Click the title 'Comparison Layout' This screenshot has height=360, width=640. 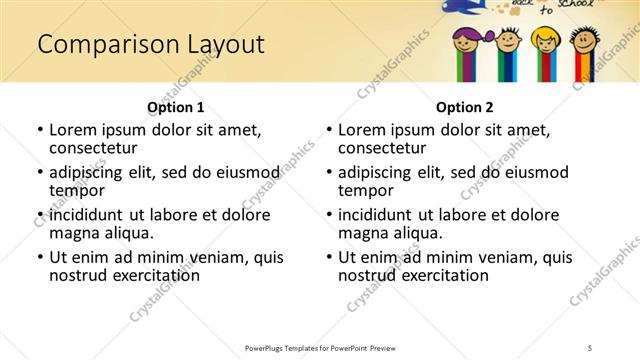point(150,44)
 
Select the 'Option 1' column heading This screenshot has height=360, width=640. point(176,107)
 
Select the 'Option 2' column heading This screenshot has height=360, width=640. point(465,107)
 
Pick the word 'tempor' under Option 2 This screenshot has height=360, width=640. point(364,190)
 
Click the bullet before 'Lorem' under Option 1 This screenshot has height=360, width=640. point(39,131)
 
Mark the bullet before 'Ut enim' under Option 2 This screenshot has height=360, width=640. point(328,257)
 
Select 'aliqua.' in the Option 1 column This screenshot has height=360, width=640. point(127,233)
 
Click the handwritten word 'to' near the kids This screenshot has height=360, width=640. point(546,12)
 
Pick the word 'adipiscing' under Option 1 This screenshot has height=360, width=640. point(91,173)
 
